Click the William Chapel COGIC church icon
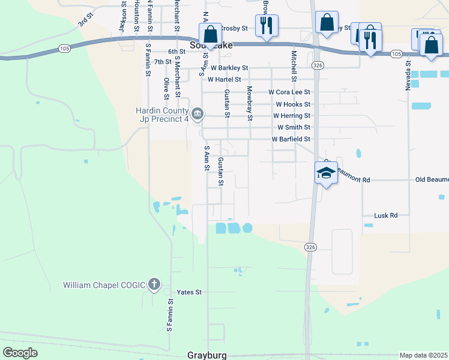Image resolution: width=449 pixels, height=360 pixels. click(x=154, y=284)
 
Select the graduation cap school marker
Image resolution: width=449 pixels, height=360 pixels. click(x=326, y=173)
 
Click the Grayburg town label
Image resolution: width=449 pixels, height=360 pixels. click(x=207, y=355)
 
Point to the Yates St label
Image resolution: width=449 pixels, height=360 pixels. click(x=188, y=292)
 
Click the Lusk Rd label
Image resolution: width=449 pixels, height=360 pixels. click(x=386, y=215)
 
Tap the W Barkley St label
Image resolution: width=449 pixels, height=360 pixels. click(x=229, y=68)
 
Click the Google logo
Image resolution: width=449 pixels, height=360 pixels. click(x=20, y=353)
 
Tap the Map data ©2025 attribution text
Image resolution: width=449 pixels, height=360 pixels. click(x=423, y=355)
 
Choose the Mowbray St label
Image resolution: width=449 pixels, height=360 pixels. click(x=249, y=103)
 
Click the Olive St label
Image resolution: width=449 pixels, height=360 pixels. click(x=166, y=87)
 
